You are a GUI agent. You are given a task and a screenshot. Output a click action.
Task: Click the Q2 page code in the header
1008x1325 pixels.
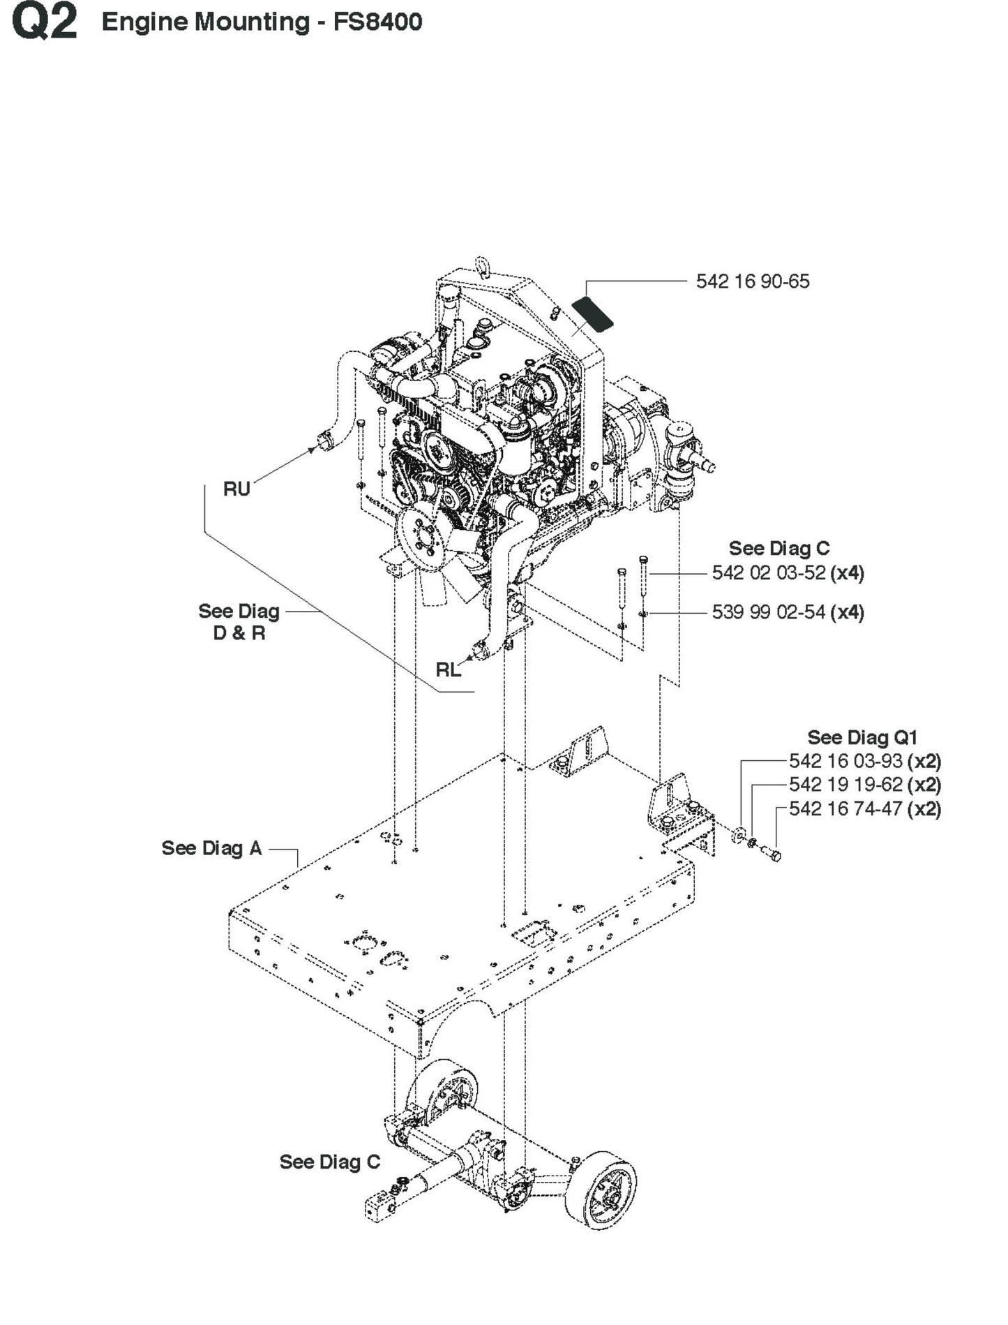point(43,22)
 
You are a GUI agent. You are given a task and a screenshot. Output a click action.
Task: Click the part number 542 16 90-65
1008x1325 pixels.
point(752,281)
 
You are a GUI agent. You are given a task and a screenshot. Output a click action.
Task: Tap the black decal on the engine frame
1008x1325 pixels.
point(592,312)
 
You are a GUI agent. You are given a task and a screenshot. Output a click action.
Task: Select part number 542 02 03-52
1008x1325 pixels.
point(769,573)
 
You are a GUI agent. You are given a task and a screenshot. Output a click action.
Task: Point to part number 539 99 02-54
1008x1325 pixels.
point(769,612)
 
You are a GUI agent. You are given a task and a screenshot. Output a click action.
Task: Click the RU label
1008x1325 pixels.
point(236,489)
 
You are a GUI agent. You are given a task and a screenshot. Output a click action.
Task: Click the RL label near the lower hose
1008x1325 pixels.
point(448,669)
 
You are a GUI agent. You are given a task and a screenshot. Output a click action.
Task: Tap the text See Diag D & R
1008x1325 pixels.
point(239,622)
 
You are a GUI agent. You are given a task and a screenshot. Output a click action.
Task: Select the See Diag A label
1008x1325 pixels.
point(211,848)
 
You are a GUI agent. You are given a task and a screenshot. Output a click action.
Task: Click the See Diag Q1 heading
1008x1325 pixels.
point(862,737)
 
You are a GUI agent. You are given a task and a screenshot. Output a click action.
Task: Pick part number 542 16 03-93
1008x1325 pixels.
point(845,761)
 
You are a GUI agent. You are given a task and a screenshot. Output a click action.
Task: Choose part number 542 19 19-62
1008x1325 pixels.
point(845,785)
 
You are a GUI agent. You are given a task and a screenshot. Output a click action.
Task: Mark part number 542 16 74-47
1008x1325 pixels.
point(845,808)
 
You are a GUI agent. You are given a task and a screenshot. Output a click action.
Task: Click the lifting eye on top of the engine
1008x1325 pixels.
point(481,265)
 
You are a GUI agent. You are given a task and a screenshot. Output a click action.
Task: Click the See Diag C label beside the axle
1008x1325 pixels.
point(329,1162)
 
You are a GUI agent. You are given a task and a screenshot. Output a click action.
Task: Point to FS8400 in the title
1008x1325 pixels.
point(377,22)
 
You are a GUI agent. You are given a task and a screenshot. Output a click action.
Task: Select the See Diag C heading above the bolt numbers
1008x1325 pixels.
point(779,548)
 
